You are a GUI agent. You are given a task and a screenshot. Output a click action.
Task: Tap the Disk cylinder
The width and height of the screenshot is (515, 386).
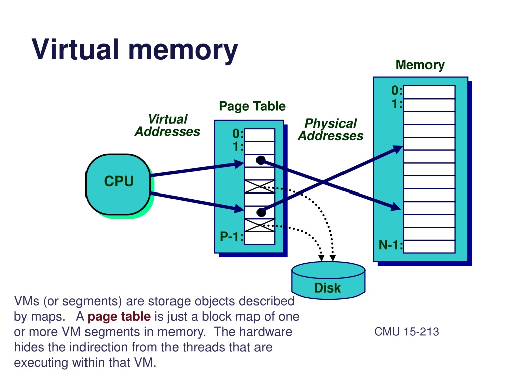tap(327, 280)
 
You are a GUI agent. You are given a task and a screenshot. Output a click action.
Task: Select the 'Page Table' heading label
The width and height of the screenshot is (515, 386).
tap(252, 106)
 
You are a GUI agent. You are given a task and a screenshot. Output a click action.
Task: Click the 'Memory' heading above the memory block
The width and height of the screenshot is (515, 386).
tap(420, 65)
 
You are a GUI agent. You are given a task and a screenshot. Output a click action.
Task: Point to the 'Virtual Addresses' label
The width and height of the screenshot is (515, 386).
tap(167, 126)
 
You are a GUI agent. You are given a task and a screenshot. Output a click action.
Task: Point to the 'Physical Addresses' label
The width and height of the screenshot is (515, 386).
tap(330, 130)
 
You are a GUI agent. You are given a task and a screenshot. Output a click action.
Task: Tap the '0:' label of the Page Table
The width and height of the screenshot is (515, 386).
tap(238, 134)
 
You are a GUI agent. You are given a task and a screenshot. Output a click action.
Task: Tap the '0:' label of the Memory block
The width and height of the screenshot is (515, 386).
tap(397, 91)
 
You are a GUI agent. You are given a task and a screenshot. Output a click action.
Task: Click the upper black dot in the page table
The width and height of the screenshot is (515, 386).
tap(260, 160)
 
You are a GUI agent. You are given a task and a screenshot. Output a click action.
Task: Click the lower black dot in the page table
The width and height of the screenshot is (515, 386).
tap(260, 212)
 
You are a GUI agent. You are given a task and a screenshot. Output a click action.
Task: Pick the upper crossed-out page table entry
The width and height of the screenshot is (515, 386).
tap(260, 186)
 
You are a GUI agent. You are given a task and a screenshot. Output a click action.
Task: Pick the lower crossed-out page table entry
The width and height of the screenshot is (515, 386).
tap(260, 225)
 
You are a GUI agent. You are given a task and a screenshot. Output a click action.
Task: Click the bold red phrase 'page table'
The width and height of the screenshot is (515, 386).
tap(119, 317)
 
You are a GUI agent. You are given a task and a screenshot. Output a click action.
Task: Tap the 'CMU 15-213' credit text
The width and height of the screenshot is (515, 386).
tap(407, 332)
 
